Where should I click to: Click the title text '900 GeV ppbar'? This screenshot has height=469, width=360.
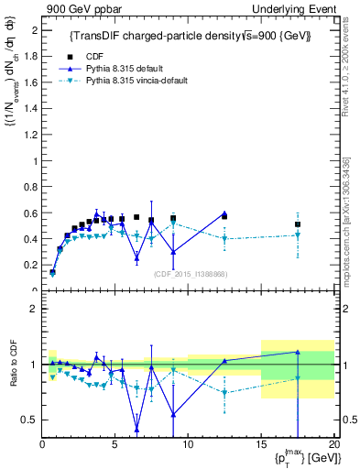click(x=78, y=8)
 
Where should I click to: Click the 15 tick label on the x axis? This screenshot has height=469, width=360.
click(x=261, y=444)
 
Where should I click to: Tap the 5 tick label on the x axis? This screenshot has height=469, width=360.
click(x=115, y=444)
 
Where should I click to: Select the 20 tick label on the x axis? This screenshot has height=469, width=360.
click(x=333, y=444)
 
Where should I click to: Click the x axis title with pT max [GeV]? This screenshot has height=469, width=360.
click(x=303, y=457)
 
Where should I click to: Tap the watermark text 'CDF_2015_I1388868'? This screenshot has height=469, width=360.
click(x=191, y=274)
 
